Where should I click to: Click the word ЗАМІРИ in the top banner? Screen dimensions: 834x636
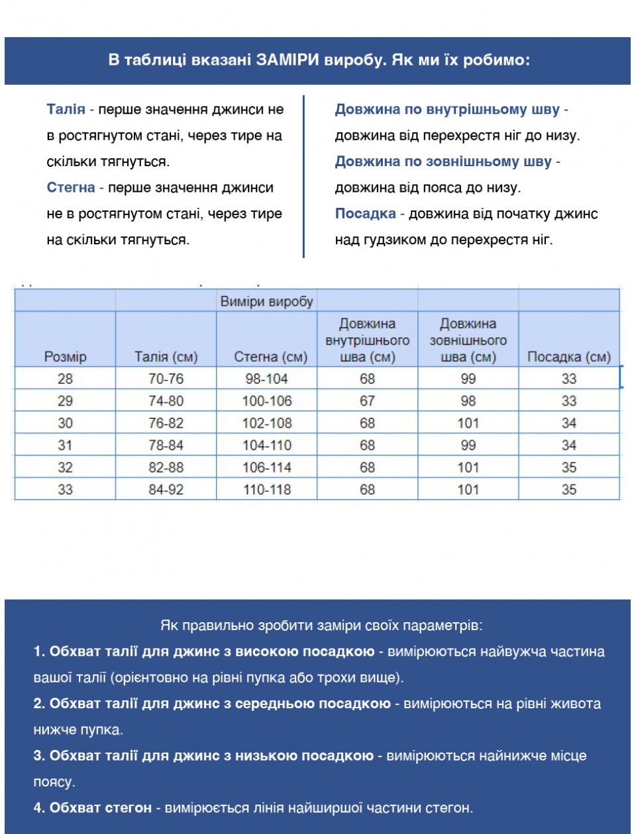point(288,60)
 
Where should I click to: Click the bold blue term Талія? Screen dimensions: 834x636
point(66,109)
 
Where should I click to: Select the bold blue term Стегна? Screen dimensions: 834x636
point(71,187)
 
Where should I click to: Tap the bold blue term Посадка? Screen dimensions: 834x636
point(365,213)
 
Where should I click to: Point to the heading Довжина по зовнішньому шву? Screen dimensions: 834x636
point(443,162)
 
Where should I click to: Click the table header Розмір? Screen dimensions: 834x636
point(65,357)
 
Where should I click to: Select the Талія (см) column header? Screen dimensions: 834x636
point(166,357)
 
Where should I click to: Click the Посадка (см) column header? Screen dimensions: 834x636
point(568,357)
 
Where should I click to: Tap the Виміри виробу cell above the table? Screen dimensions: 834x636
point(266,301)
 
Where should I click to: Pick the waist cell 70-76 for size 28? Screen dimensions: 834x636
point(166,379)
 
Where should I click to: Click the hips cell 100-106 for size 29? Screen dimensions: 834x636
point(267,401)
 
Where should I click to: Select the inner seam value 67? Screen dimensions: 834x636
point(367,401)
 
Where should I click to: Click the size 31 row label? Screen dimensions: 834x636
point(65,445)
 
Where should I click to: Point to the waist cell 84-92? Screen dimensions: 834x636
point(166,490)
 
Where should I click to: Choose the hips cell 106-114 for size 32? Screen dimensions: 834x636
point(267,467)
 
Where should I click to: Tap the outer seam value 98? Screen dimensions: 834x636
point(468,401)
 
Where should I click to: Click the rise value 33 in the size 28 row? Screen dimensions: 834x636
point(568,379)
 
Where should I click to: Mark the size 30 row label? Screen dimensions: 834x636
point(65,423)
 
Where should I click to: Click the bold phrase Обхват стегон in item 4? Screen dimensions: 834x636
point(101,808)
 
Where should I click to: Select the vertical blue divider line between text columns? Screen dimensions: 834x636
point(303,176)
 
